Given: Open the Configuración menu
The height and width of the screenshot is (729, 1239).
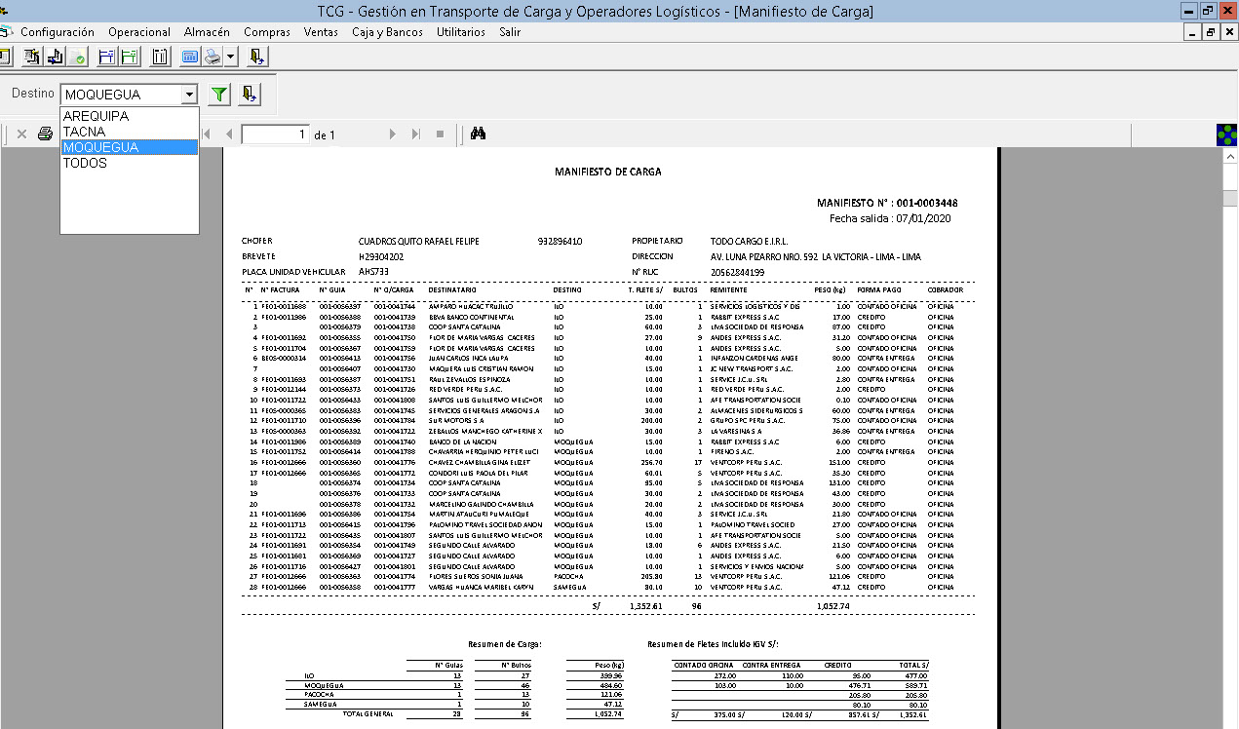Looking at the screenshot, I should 58,32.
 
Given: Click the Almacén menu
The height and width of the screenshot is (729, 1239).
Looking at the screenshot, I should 207,32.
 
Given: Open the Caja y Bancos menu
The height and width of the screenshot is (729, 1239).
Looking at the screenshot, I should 387,32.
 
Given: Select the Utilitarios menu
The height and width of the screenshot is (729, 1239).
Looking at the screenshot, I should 461,32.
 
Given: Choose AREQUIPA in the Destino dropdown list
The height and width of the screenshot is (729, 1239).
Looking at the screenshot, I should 96,116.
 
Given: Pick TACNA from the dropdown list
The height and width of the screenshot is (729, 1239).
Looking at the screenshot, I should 84,132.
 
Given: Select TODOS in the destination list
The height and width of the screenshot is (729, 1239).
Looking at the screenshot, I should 85,163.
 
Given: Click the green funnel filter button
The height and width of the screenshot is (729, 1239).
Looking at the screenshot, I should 220,95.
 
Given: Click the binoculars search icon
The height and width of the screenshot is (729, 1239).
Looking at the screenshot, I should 478,134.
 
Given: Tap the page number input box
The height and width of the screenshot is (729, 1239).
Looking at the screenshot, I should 275,134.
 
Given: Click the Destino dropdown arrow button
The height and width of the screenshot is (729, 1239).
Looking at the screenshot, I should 189,95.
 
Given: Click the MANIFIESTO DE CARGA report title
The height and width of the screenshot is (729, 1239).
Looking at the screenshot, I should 607,172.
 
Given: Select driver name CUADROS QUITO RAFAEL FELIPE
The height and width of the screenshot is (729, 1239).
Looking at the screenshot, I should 418,241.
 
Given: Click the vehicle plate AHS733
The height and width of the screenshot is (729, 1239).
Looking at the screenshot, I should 373,271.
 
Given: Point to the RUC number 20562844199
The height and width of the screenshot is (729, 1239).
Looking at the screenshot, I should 737,272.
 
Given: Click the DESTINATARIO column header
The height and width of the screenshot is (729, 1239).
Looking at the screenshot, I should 452,289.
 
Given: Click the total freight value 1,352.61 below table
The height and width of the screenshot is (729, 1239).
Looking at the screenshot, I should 645,605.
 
